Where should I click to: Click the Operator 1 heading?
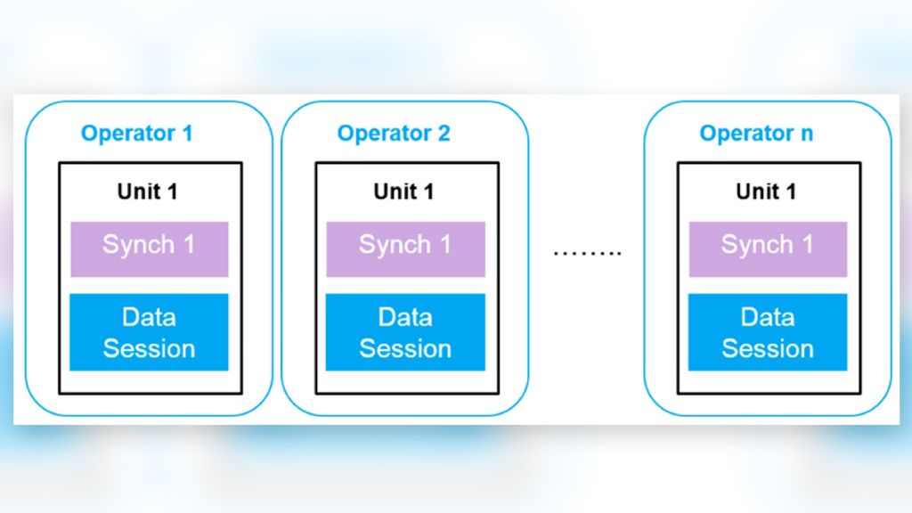pos(136,134)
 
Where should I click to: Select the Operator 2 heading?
pos(393,134)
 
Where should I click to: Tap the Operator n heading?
pos(755,134)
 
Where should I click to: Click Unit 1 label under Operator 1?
pos(149,191)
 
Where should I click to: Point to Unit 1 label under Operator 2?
pos(405,191)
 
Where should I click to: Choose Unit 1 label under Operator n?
pos(767,191)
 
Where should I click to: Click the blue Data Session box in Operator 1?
pos(149,332)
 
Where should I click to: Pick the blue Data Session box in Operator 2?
pos(405,332)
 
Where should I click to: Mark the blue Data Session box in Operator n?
pos(767,332)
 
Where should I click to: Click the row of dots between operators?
pos(586,253)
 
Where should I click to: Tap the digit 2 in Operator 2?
pos(444,134)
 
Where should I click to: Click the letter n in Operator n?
pos(806,134)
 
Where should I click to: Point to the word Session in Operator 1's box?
pos(149,348)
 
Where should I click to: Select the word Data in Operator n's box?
pos(767,317)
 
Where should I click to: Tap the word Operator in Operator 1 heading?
pos(127,134)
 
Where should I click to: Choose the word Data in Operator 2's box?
pos(405,317)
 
